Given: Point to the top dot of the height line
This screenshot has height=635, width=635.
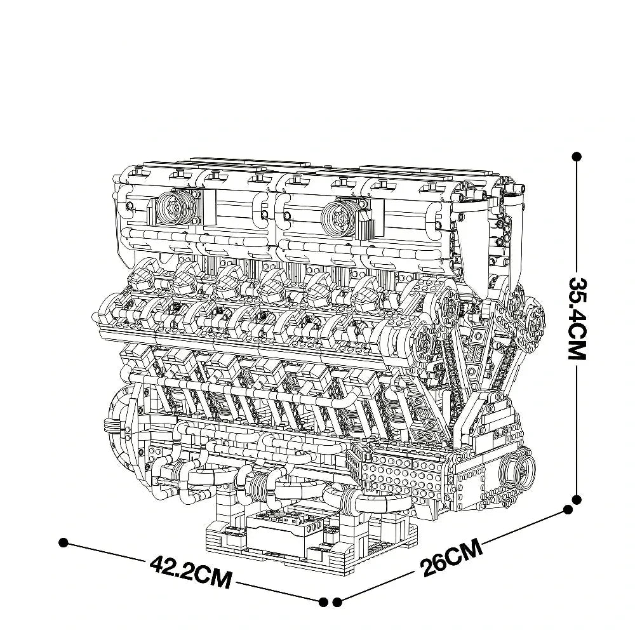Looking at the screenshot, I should click(577, 156).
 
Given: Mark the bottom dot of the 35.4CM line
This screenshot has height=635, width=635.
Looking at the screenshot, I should click(577, 500).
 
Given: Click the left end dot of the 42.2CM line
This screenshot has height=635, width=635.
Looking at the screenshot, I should click(63, 542).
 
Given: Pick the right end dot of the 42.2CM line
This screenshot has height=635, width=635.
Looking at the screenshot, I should click(324, 601).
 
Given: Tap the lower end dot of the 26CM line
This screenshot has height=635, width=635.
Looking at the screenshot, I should click(338, 601).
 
